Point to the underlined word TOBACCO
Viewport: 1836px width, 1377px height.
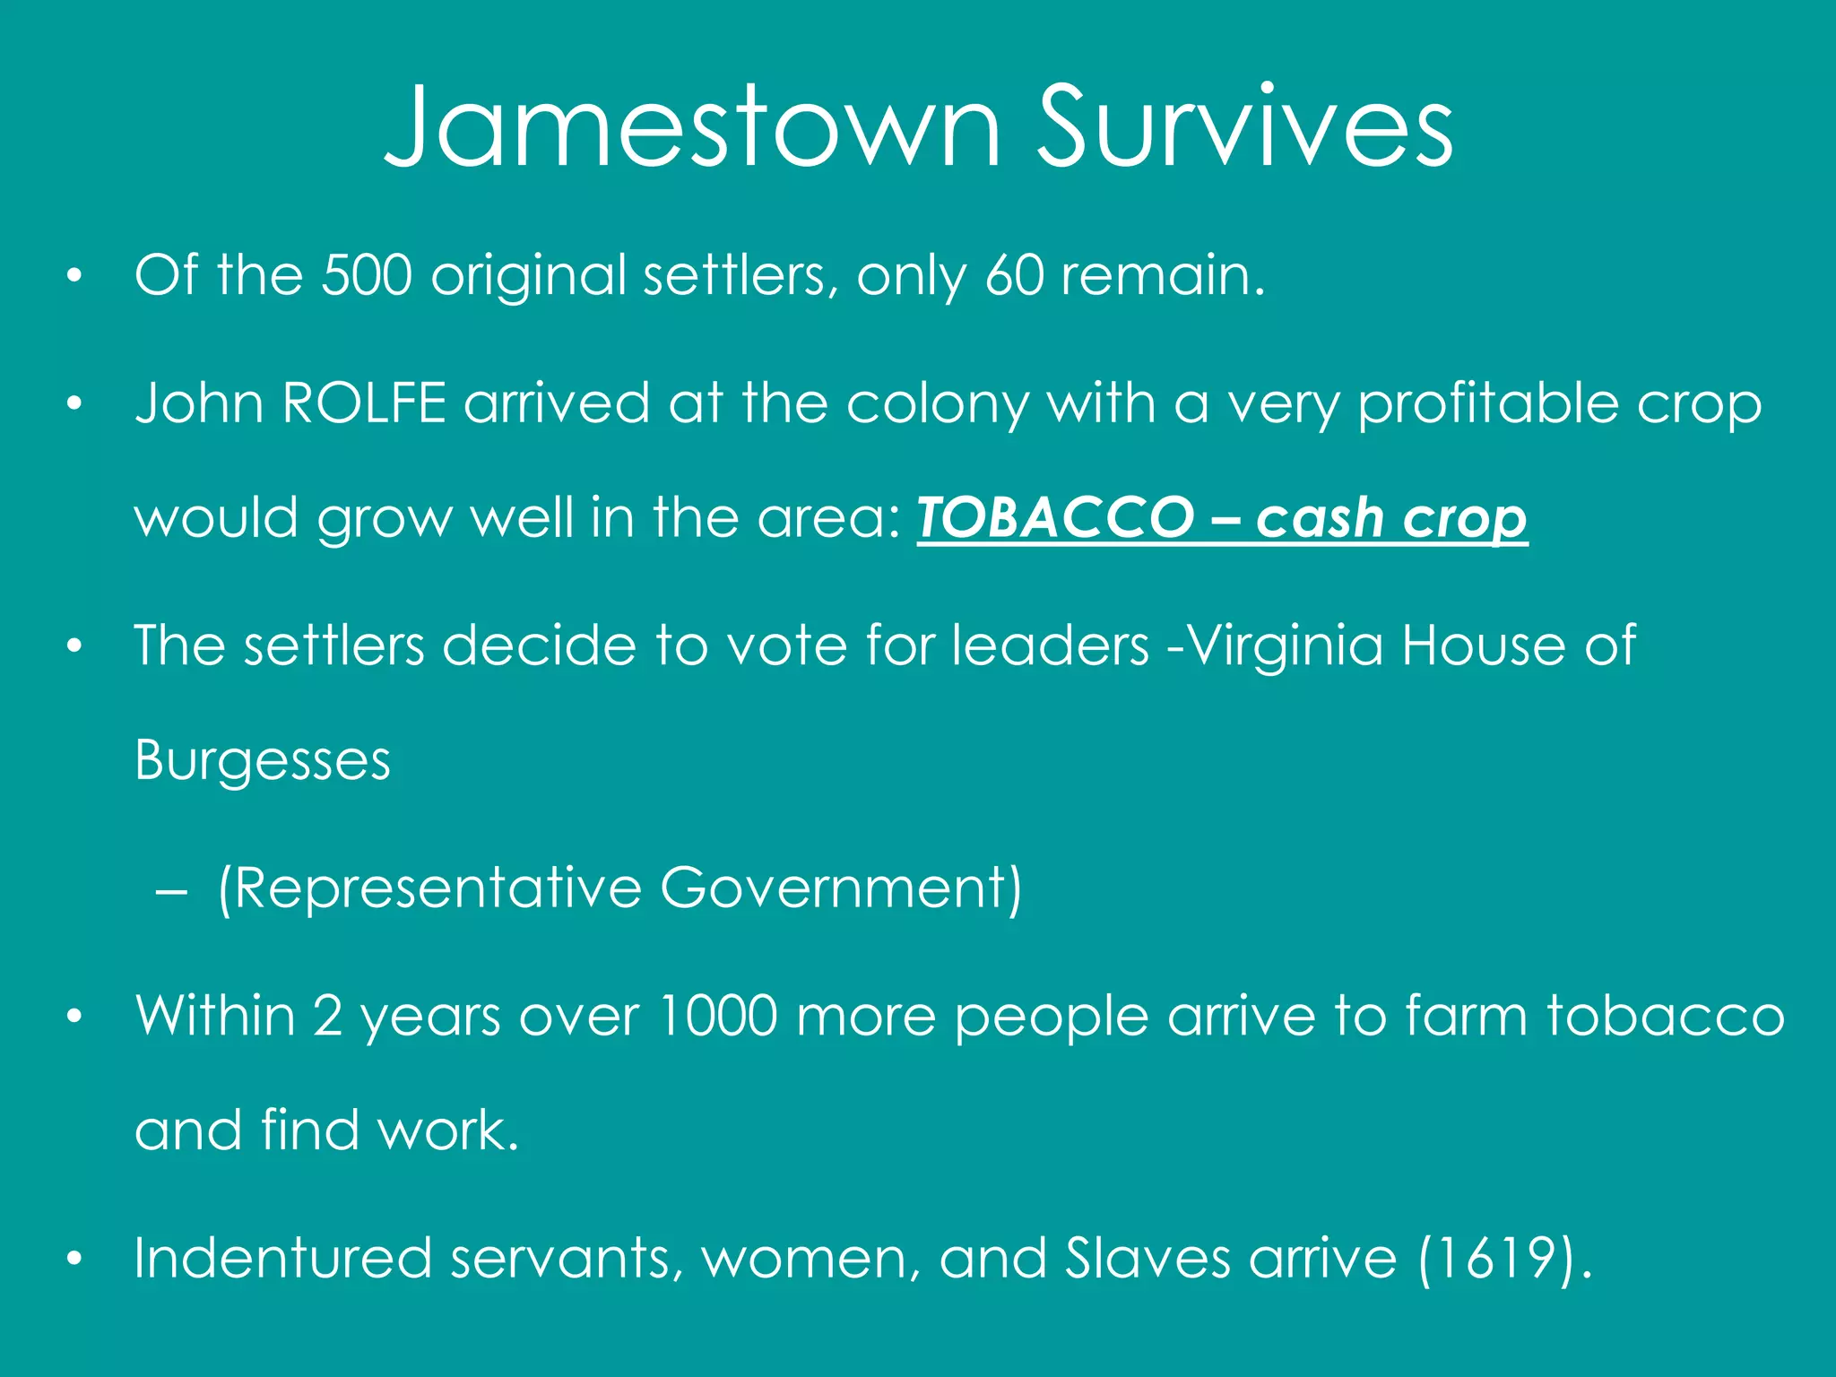1055,518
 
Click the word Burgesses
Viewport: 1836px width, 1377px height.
263,760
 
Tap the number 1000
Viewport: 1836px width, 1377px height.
717,1016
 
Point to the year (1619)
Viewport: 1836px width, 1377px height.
1504,1259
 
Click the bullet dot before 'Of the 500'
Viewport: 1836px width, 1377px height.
74,276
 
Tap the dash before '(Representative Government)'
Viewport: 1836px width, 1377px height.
170,891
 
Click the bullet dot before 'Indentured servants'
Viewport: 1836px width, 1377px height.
74,1259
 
